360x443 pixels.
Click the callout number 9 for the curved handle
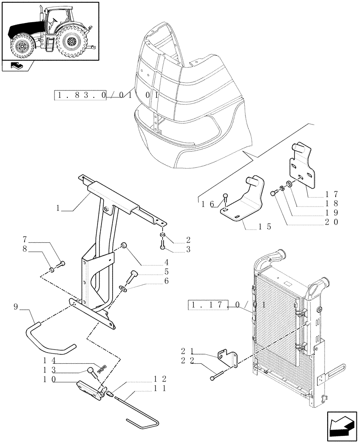click(16, 306)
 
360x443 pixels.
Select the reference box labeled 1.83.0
click(80, 96)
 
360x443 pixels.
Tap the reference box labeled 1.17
click(208, 305)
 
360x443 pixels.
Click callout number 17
click(332, 194)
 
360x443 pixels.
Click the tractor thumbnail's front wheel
click(20, 47)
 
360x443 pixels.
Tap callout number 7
click(25, 240)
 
